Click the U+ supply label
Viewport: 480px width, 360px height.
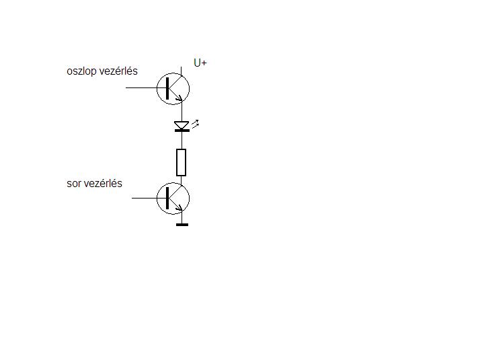(x=200, y=63)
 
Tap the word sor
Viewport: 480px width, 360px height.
(x=75, y=183)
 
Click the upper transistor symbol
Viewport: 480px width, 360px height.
(x=173, y=87)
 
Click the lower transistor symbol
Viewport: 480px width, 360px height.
(x=173, y=199)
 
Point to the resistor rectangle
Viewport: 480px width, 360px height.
(x=181, y=161)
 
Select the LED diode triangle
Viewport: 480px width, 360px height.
(x=181, y=125)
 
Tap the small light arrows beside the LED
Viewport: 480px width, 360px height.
(x=196, y=123)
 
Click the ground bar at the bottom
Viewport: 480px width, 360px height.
(x=182, y=224)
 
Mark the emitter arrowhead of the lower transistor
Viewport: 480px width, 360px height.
(x=178, y=211)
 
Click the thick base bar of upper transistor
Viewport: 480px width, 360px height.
(x=166, y=87)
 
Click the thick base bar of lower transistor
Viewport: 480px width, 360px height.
(x=166, y=199)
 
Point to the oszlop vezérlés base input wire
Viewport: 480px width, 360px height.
(x=148, y=87)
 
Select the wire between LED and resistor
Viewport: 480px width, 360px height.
(x=181, y=140)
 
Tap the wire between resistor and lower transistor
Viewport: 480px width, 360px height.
(x=181, y=179)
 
